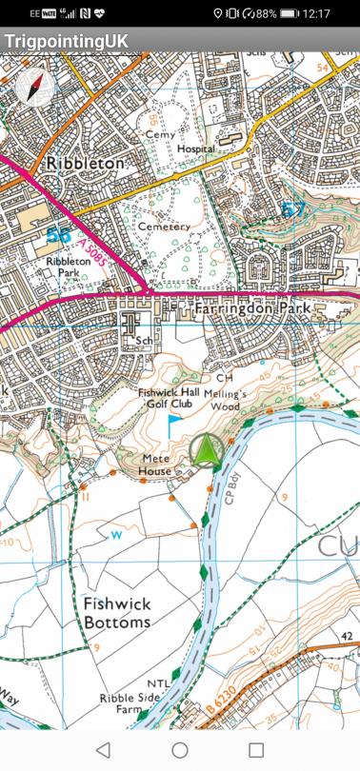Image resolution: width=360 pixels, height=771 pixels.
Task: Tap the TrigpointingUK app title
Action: click(x=66, y=43)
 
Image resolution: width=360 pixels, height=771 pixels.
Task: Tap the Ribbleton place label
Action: click(x=87, y=163)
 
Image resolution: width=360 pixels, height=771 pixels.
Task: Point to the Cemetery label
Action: click(x=165, y=227)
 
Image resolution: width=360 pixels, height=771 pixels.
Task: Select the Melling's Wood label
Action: click(x=229, y=400)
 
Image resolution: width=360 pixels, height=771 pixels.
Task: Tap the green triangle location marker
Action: click(x=206, y=450)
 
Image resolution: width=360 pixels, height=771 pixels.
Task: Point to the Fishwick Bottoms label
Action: click(x=116, y=612)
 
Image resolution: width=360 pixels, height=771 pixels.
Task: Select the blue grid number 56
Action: click(x=60, y=235)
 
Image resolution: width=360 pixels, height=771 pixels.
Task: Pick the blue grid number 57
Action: click(x=293, y=209)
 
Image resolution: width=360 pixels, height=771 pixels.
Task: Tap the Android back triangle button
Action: click(x=104, y=750)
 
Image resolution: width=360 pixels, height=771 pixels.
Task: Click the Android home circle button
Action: click(x=180, y=750)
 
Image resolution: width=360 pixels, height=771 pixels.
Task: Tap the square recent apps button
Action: click(x=255, y=750)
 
